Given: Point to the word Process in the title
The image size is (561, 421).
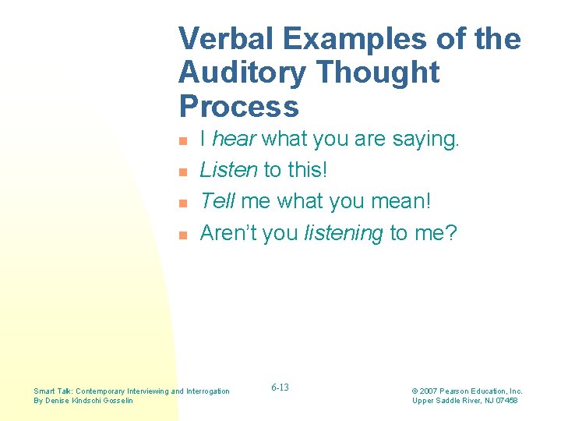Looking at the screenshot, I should (x=238, y=106).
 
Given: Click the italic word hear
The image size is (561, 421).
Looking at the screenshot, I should (x=235, y=140).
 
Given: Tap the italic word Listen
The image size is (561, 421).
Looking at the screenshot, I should (x=229, y=170).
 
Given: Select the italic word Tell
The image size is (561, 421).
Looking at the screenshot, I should (x=217, y=201).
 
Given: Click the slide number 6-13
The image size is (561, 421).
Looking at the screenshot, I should (x=280, y=387).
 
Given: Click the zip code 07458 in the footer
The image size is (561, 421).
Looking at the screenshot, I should (x=504, y=401).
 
